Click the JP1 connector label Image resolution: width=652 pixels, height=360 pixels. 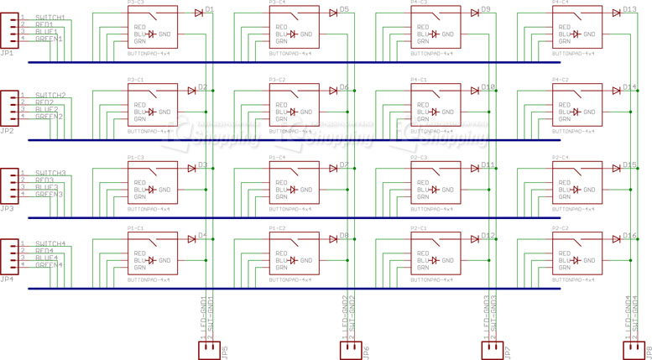coord(7,54)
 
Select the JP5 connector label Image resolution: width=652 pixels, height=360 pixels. coord(224,352)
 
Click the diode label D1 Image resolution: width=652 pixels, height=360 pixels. coord(210,9)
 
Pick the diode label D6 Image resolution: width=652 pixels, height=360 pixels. coord(344,87)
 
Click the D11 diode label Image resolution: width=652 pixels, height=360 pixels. coord(488,165)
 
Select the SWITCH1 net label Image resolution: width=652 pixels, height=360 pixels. coord(50,18)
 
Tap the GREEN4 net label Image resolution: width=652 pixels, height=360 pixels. coord(49,265)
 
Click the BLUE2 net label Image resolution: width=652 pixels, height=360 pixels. coord(47,109)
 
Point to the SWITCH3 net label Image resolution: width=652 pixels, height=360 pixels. coord(50,173)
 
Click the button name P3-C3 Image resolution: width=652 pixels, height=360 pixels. coord(136,3)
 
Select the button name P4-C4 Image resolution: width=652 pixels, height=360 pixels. coord(561,3)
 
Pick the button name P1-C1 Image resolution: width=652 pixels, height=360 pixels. coord(136,228)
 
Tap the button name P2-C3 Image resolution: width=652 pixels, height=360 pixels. coord(420,157)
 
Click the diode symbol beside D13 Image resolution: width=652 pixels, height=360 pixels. coord(617,12)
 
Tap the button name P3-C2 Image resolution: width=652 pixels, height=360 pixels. coord(278,80)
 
